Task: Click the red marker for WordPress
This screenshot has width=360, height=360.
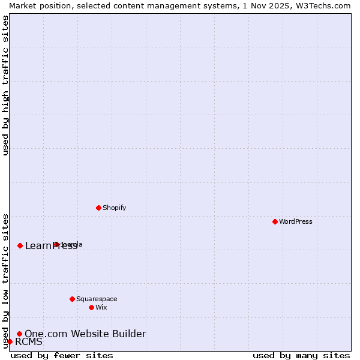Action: tap(275, 221)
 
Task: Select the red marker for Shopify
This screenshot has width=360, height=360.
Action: tap(98, 208)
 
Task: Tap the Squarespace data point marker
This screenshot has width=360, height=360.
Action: tap(72, 299)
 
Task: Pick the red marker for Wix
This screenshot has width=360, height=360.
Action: tap(91, 307)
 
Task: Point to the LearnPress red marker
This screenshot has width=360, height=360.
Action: tap(20, 245)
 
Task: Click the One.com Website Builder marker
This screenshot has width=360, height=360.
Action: tap(19, 334)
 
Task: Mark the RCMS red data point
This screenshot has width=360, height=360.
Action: tap(10, 341)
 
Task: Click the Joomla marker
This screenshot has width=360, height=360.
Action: tap(56, 244)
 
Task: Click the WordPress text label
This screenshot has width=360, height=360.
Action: tap(296, 221)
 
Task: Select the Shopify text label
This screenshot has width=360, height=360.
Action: tap(114, 208)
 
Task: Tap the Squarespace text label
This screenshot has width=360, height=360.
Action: tap(97, 299)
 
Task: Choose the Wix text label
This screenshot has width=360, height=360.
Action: tap(101, 307)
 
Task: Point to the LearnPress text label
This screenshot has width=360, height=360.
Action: tap(51, 246)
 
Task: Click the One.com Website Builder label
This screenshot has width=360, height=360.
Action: tap(85, 334)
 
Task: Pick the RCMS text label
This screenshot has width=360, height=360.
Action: tap(29, 342)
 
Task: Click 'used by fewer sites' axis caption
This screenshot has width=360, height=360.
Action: tap(62, 355)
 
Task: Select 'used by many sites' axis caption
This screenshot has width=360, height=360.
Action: tap(301, 355)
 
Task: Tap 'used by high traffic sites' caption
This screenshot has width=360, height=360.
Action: tap(6, 85)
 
